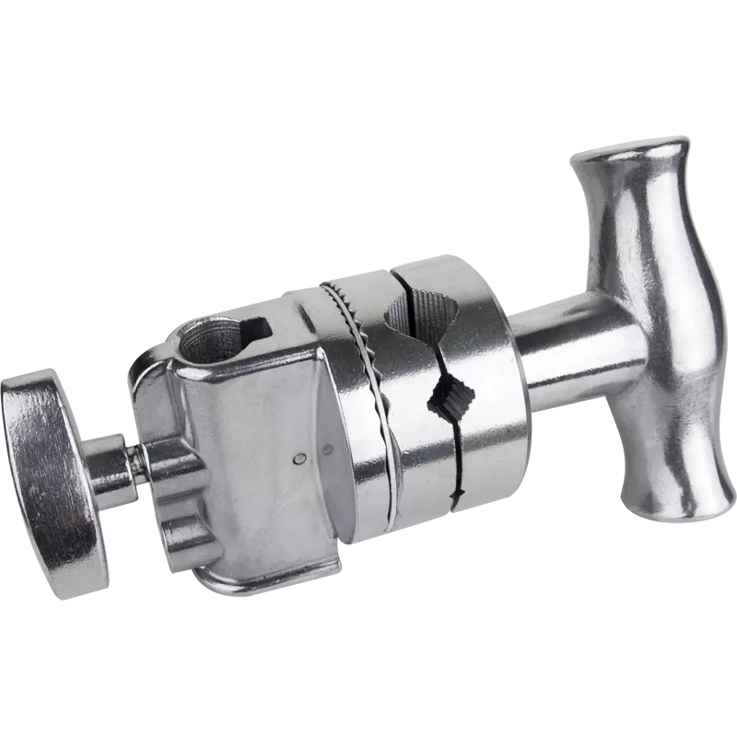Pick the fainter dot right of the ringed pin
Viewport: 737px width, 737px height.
[x=329, y=450]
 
